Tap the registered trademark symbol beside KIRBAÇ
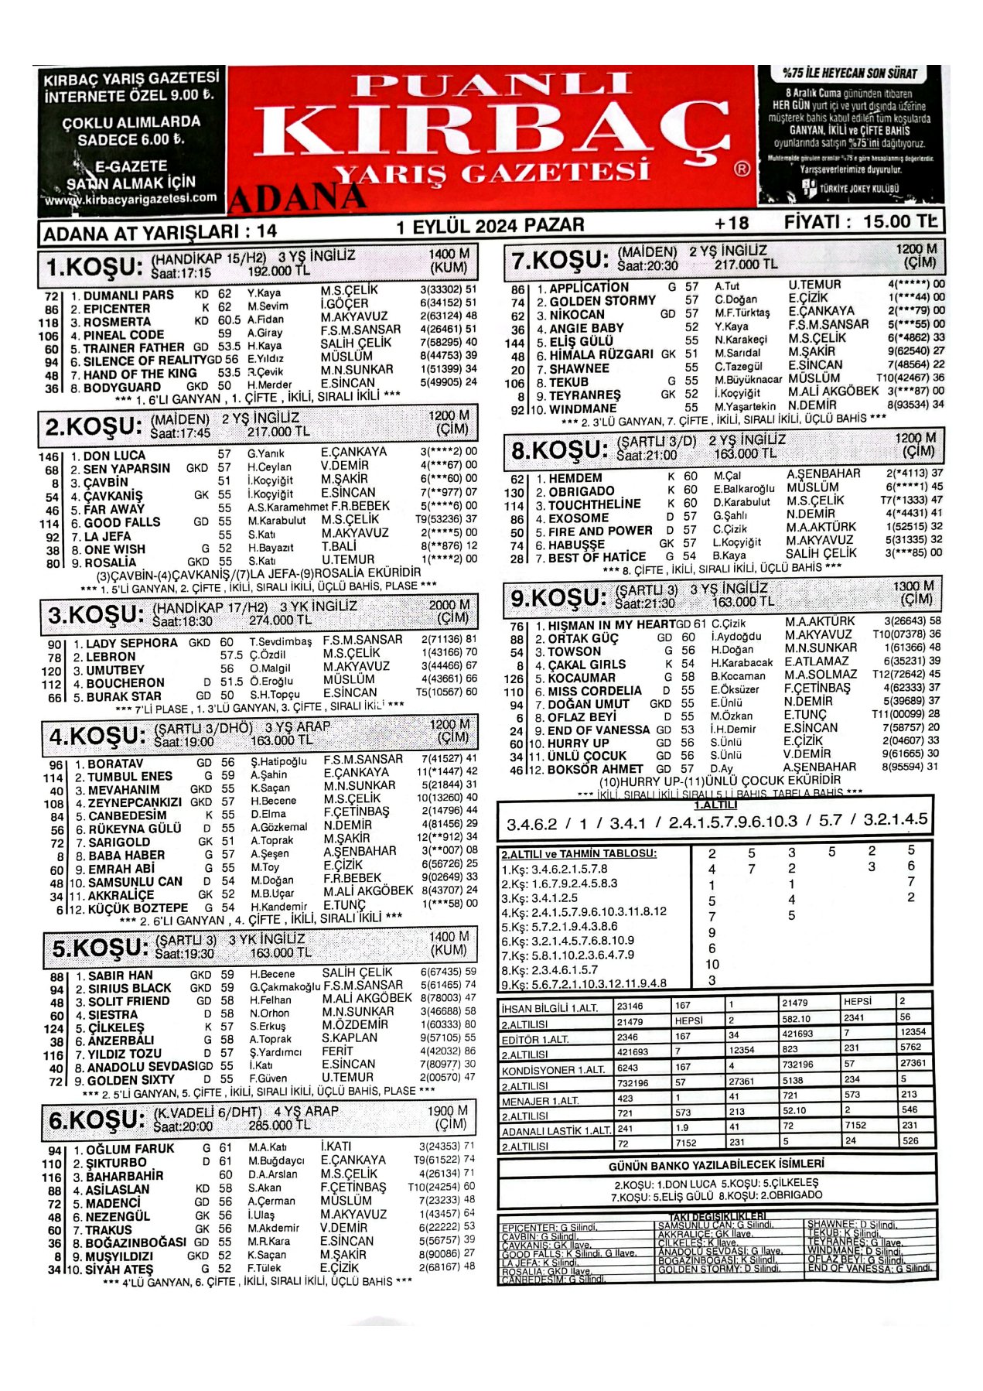tap(742, 168)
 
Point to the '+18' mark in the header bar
tap(731, 224)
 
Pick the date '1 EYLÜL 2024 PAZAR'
tap(490, 226)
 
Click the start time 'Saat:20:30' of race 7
tap(647, 266)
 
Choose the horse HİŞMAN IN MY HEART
tap(611, 625)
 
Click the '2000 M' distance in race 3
tap(449, 605)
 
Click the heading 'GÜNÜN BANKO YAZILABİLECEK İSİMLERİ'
tap(716, 1165)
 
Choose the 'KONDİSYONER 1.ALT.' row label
tap(552, 1071)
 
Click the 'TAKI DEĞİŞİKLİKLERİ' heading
tap(718, 1216)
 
